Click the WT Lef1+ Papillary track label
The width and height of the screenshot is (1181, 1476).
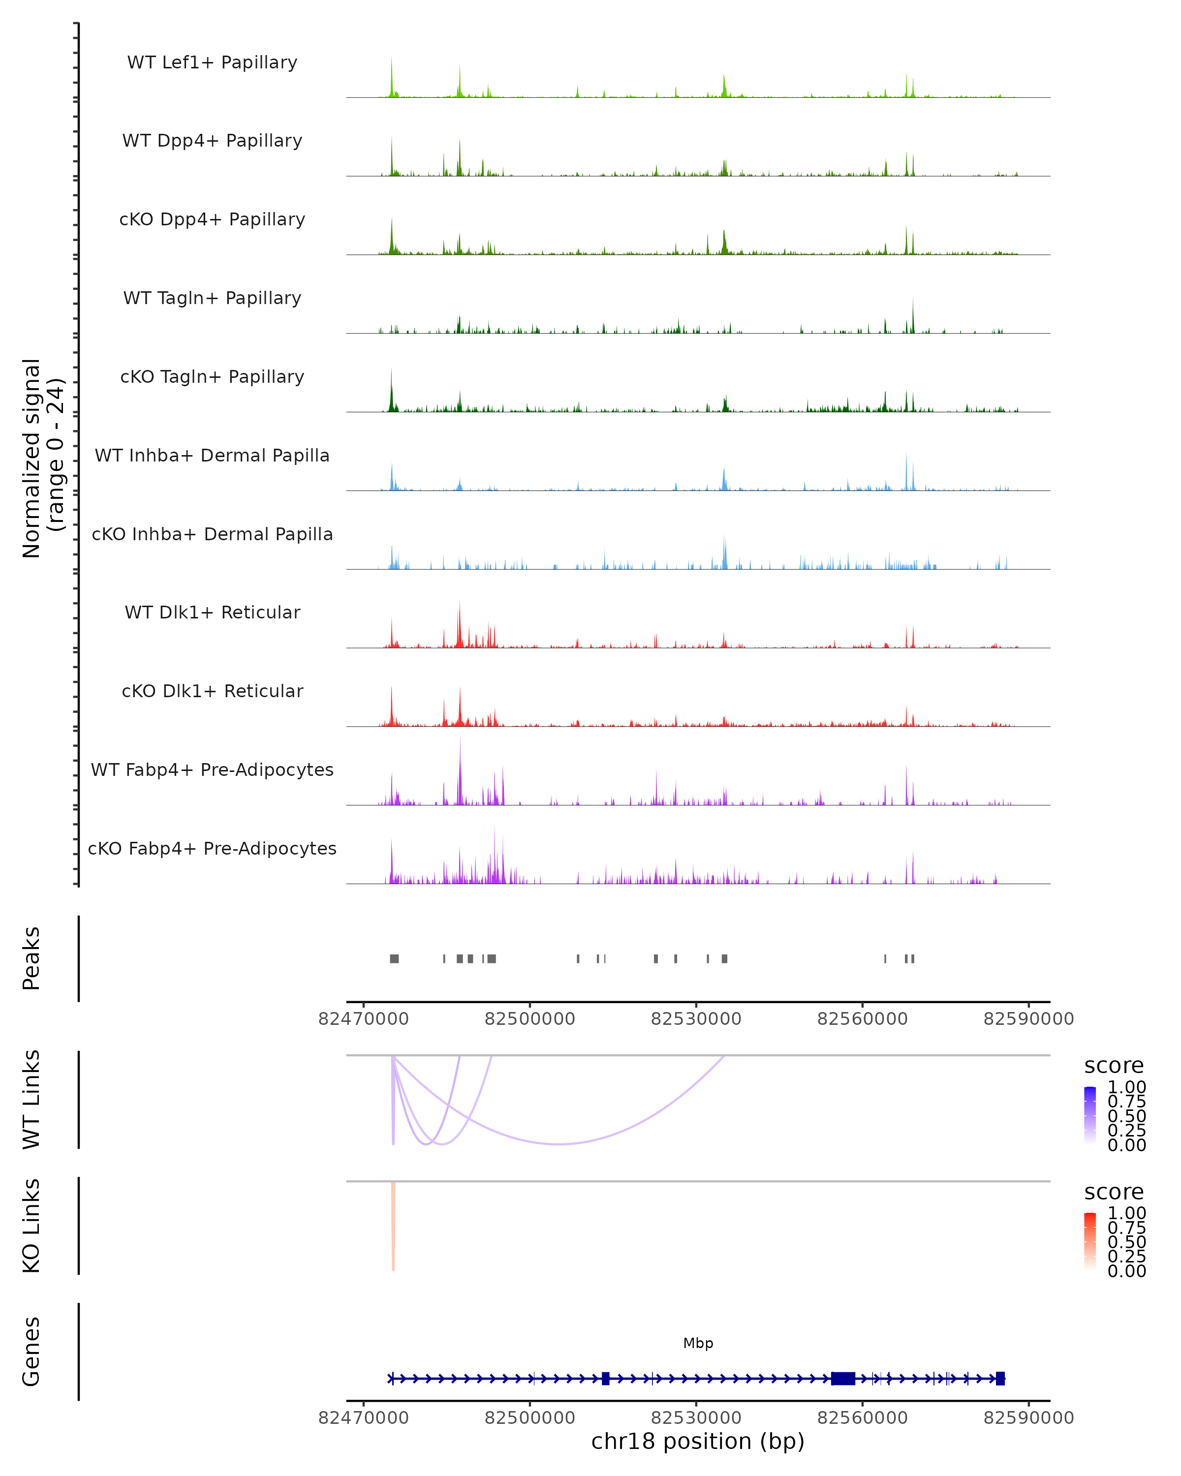[212, 62]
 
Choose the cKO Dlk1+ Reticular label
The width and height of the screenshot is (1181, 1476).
[212, 691]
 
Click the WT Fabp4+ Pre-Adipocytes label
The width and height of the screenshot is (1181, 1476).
[212, 769]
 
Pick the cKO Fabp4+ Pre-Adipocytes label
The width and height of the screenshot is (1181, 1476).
[212, 848]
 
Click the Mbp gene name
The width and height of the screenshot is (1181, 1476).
[698, 1343]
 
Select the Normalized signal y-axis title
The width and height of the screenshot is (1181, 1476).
[42, 458]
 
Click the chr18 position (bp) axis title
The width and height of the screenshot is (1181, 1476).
[698, 1441]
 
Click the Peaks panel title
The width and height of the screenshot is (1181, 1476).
[31, 958]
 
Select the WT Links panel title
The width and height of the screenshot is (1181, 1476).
[31, 1100]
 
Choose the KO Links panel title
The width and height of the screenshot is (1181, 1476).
[31, 1226]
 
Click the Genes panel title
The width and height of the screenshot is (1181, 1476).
[31, 1352]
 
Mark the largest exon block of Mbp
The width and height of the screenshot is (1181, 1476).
[843, 1378]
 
